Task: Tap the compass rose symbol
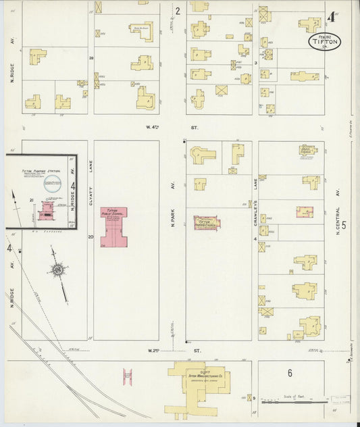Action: coord(58,271)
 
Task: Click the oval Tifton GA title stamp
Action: coord(324,41)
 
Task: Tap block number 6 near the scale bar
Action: coord(290,373)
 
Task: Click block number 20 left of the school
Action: coord(91,237)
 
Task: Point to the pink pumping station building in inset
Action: coord(47,211)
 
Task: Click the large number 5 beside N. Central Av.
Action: coord(344,226)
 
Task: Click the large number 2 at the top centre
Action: coord(178,11)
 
